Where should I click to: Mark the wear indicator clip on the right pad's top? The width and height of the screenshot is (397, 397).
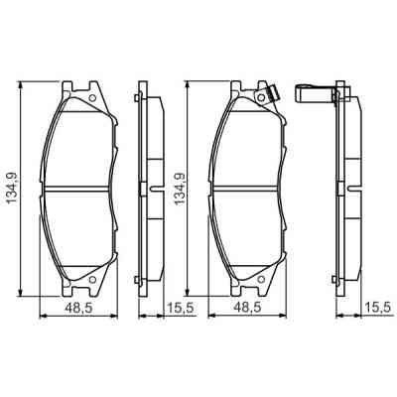[x=264, y=95]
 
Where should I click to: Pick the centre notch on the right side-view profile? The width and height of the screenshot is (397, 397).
[x=349, y=189]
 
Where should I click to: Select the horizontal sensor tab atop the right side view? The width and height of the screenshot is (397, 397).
[x=318, y=94]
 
